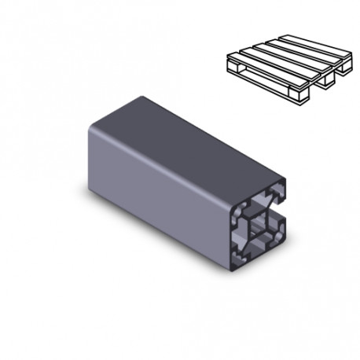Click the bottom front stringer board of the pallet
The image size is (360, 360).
click(x=263, y=86)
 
